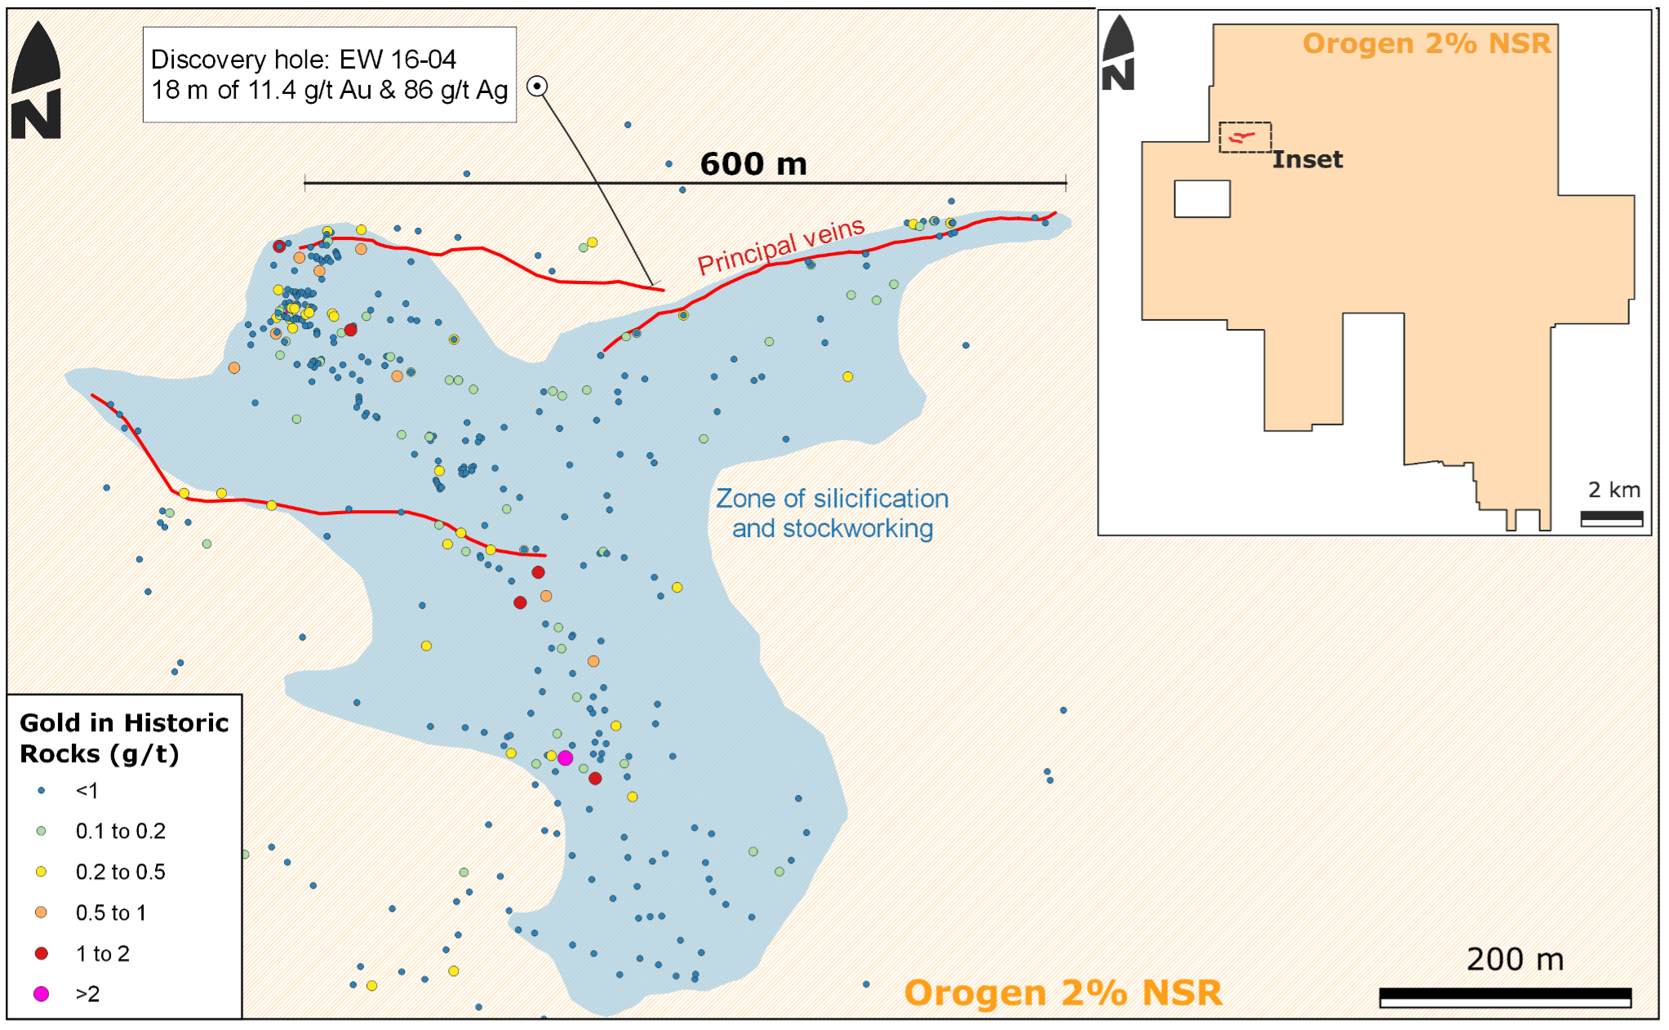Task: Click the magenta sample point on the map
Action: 565,758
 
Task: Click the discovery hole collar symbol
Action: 537,87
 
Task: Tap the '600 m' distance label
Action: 753,164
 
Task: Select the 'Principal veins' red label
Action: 781,246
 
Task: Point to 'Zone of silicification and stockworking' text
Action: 832,513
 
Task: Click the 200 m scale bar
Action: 1505,997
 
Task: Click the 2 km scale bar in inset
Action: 1611,518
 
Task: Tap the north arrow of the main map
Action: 37,82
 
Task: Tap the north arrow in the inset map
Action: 1118,54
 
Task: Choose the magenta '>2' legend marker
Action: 41,993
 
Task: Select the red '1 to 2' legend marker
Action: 41,952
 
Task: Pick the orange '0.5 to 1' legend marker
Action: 41,912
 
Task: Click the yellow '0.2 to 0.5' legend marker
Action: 41,872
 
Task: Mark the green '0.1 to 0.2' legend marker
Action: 41,831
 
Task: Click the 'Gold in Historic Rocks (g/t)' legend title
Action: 124,738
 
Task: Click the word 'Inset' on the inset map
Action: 1307,159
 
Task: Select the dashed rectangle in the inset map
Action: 1245,137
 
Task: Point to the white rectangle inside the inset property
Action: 1202,198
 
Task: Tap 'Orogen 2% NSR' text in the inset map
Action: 1426,43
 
